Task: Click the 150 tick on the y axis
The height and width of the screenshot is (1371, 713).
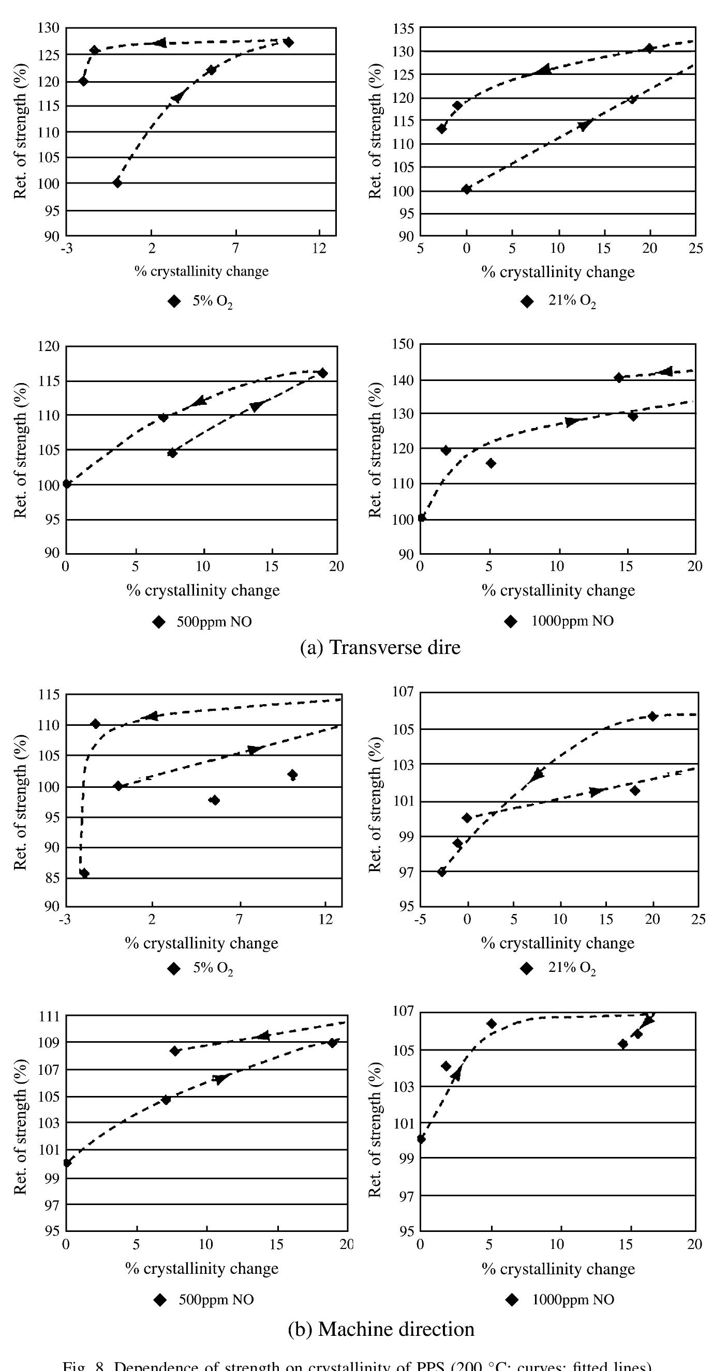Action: point(403,344)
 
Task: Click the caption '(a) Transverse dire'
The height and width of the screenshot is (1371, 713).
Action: point(380,647)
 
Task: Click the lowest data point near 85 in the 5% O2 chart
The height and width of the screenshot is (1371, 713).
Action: point(84,873)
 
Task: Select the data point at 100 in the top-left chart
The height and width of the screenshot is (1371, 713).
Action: point(117,182)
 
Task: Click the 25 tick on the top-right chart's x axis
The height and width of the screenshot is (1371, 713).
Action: point(695,248)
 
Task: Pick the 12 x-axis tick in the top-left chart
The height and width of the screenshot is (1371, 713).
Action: point(319,248)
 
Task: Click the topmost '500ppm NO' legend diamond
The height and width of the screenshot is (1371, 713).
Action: point(159,622)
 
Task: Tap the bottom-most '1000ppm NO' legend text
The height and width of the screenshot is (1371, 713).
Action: point(573,1300)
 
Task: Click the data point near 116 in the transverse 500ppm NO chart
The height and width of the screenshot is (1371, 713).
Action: point(322,373)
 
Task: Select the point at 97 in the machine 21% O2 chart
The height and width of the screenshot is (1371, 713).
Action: point(441,871)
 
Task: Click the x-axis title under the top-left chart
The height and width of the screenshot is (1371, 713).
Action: point(201,271)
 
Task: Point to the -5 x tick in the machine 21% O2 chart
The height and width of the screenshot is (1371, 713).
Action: point(420,919)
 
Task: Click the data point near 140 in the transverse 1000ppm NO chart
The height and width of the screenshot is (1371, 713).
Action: point(618,377)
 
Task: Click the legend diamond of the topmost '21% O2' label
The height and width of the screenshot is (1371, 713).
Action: point(527,302)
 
